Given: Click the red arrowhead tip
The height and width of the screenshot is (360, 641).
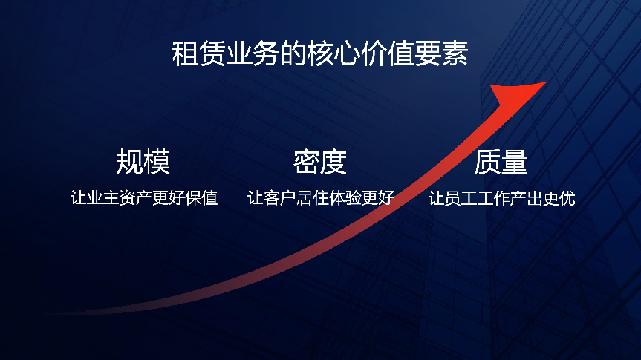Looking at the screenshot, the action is tap(546, 82).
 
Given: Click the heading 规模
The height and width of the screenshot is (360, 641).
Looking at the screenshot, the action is tap(143, 162).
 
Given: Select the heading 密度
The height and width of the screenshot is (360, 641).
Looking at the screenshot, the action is tap(320, 162).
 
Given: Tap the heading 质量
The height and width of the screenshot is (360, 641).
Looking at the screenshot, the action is tap(501, 162).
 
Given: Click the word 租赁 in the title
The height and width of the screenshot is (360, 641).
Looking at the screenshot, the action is tap(198, 53).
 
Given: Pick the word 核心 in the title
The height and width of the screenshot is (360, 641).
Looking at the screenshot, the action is tap(334, 53).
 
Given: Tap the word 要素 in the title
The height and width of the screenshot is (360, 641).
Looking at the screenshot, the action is tap(441, 53).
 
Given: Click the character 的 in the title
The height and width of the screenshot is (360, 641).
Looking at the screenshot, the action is tap(293, 53).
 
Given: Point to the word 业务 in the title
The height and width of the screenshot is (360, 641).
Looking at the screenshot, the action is tap(253, 53).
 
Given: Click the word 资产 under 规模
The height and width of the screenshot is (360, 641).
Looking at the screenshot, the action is tap(136, 198).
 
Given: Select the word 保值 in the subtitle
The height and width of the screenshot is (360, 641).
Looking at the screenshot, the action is tap(201, 198).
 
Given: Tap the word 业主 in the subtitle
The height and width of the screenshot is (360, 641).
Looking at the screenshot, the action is tap(103, 198).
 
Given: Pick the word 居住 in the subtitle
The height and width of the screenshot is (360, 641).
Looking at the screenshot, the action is tap(313, 198).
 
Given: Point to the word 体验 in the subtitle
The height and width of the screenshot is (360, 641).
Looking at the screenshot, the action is tap(345, 198).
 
